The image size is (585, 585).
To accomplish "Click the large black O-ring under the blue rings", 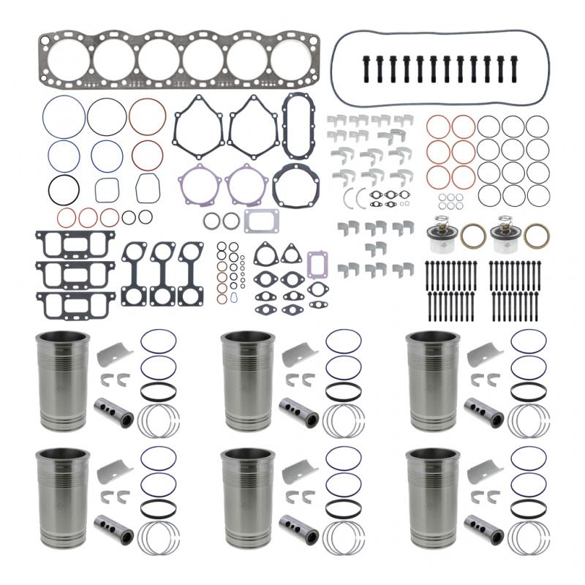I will point(64,189).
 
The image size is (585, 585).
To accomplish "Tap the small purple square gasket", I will point(317,263).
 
